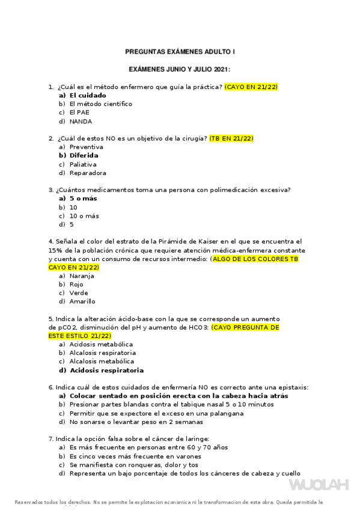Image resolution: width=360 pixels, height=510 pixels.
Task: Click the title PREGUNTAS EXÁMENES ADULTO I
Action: click(x=180, y=52)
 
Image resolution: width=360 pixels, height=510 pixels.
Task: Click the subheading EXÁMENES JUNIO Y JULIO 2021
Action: click(x=180, y=70)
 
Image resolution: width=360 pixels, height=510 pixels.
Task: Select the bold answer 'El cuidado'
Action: click(x=88, y=95)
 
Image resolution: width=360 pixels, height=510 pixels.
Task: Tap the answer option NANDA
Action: click(x=81, y=121)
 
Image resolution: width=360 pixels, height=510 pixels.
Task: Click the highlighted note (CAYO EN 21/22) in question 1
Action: click(x=251, y=87)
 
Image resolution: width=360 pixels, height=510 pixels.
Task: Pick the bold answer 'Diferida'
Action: click(x=84, y=155)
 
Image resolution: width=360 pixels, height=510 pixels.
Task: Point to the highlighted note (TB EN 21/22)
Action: click(x=231, y=138)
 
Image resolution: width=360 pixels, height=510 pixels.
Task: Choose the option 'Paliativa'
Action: click(x=83, y=164)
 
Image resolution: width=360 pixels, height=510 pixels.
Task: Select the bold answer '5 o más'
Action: click(x=83, y=198)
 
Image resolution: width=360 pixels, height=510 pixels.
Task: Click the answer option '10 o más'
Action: click(x=84, y=216)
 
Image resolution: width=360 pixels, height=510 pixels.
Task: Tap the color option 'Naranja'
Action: click(x=82, y=275)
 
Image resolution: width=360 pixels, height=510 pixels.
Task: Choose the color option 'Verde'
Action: click(x=79, y=293)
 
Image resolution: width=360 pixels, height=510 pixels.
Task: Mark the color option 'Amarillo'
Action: click(x=82, y=301)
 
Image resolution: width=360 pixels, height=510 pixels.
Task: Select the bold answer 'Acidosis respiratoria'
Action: click(x=106, y=370)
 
